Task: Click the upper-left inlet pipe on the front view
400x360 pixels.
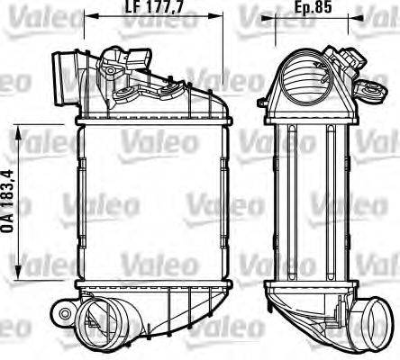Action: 67,71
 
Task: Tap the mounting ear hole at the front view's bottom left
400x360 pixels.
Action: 65,312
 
